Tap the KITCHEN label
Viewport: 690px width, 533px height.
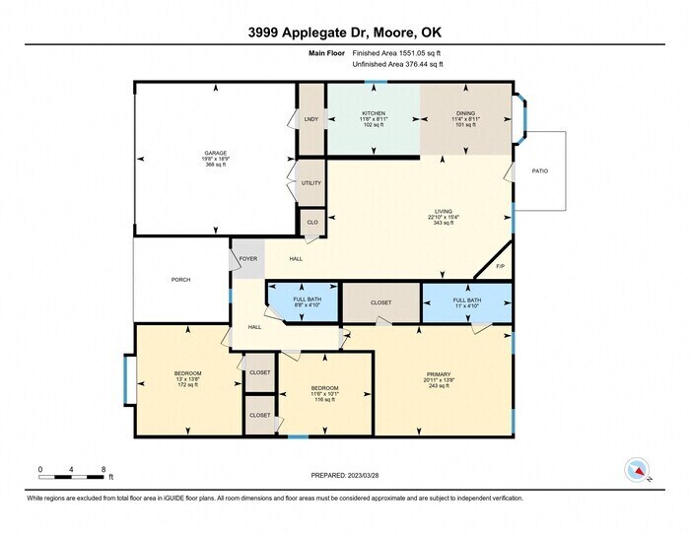point(373,113)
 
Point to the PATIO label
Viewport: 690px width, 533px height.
point(540,171)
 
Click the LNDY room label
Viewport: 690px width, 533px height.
point(311,119)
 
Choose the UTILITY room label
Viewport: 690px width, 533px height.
point(311,183)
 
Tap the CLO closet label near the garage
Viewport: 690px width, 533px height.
point(311,222)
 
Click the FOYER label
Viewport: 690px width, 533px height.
point(248,259)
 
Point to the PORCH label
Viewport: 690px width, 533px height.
point(180,280)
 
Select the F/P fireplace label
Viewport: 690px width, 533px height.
point(500,266)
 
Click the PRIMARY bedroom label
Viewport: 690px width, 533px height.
point(439,373)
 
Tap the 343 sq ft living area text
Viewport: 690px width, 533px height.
point(443,224)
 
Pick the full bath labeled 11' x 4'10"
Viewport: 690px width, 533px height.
point(466,302)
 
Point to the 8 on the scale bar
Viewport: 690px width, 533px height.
point(103,468)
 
